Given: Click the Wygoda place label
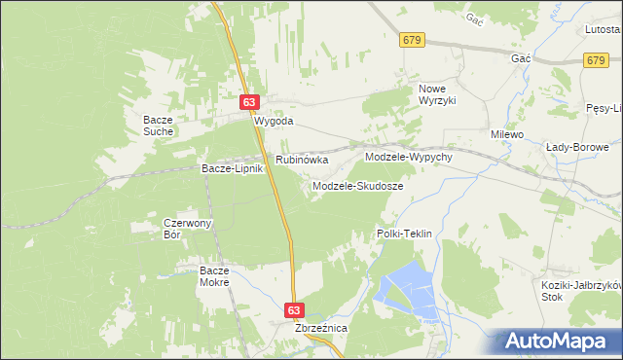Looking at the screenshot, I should click(274, 123).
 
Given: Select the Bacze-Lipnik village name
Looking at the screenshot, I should click(233, 168).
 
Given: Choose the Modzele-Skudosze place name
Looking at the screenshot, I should click(357, 185).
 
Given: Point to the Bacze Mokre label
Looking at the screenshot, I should click(213, 275).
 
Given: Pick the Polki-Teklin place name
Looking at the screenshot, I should click(404, 234).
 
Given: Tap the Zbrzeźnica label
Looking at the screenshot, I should click(321, 329).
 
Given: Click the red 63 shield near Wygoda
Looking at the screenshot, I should click(250, 101).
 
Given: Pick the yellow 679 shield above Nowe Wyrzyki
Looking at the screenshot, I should click(412, 40).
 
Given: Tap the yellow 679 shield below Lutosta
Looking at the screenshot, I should click(598, 60).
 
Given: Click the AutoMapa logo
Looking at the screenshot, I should click(559, 342).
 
